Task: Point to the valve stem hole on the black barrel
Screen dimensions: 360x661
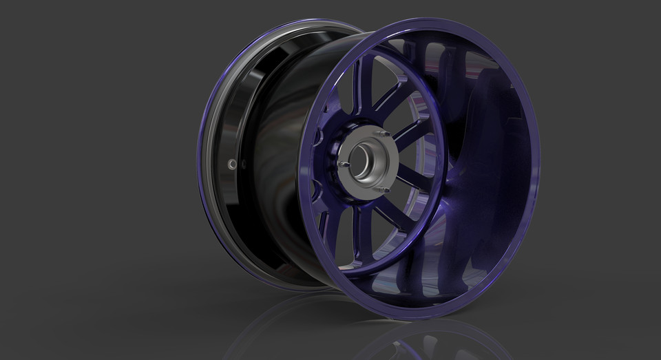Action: (x=232, y=164)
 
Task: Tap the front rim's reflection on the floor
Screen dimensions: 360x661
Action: (x=427, y=341)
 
